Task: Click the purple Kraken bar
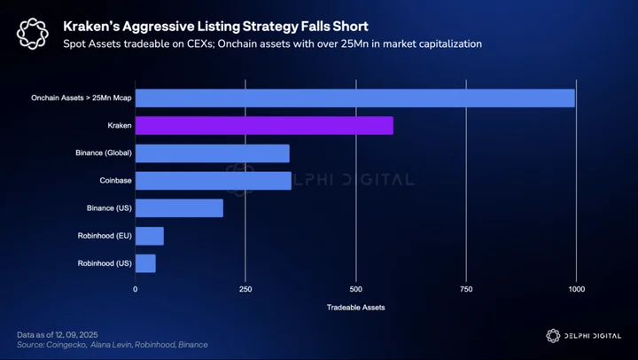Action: [264, 125]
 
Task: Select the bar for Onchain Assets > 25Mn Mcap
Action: [355, 98]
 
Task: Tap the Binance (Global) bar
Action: [213, 153]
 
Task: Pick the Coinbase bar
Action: [214, 180]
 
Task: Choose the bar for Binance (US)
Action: [179, 208]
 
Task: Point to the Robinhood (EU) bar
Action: [150, 236]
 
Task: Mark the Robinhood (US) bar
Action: [145, 263]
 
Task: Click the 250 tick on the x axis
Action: [245, 289]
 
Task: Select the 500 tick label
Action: [355, 289]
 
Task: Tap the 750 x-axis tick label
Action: [466, 289]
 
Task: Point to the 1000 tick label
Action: [577, 289]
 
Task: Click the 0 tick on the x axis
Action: [136, 289]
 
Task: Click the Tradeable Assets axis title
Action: [355, 308]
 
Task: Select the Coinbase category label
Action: [115, 180]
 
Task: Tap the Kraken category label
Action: [120, 125]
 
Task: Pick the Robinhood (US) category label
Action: [105, 263]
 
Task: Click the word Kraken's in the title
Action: [90, 27]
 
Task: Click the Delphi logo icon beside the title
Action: [33, 34]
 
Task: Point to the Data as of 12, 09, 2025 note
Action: [58, 335]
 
